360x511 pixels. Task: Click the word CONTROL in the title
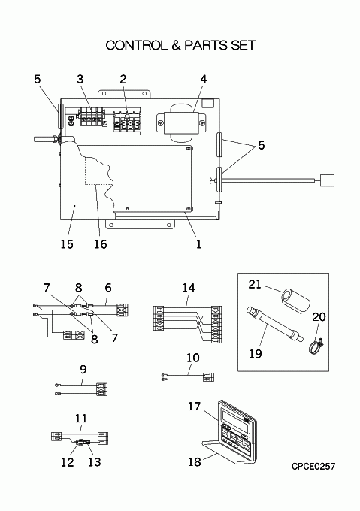pos(135,45)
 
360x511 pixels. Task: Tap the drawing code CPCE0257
pos(313,467)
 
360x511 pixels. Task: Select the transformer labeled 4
pos(182,122)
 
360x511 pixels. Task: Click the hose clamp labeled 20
pos(316,346)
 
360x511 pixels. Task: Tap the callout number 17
pos(194,407)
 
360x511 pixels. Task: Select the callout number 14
pos(189,288)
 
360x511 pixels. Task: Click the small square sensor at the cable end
pos(327,180)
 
